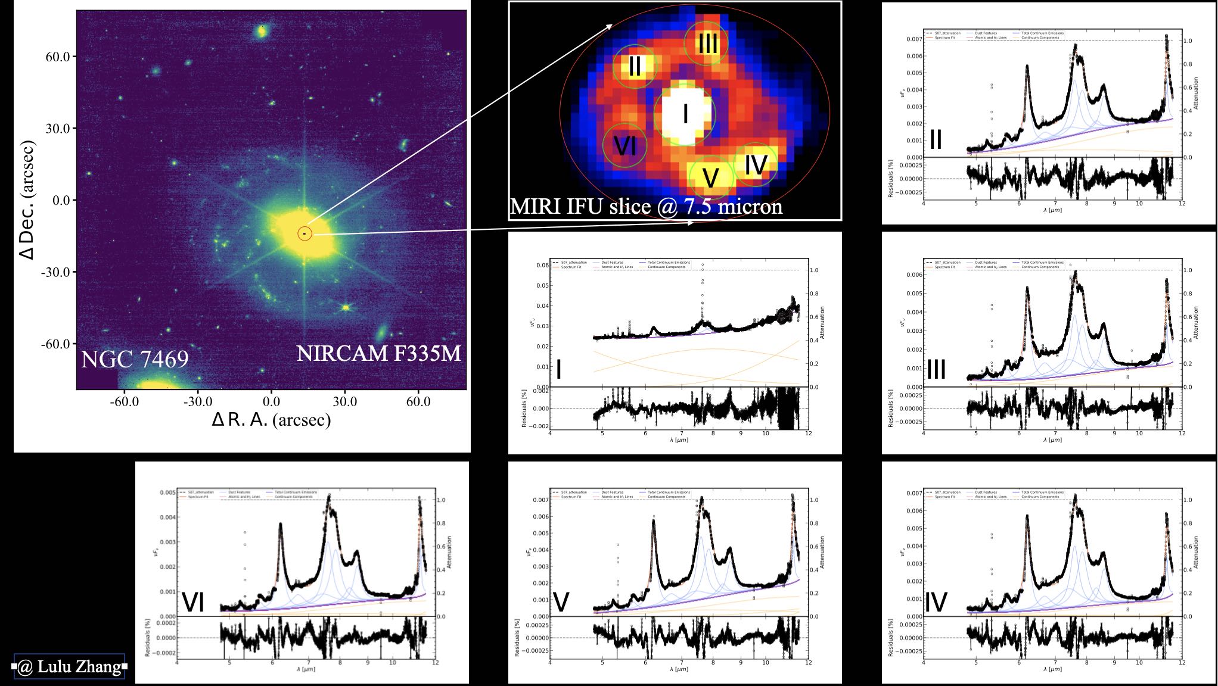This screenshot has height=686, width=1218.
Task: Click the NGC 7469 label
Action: (134, 359)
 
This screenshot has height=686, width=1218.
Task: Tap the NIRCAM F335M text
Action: (379, 353)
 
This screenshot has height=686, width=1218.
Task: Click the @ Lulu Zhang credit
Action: (69, 666)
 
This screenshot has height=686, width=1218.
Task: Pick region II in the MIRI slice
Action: (635, 66)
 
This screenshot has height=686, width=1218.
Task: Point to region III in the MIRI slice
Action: (707, 43)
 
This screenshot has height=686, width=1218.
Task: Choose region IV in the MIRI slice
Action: (756, 164)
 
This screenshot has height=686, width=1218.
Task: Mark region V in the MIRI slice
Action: (710, 177)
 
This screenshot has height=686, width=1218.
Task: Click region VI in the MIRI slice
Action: (624, 145)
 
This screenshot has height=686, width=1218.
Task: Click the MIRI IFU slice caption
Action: (646, 206)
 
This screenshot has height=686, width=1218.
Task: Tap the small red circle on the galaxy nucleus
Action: (304, 233)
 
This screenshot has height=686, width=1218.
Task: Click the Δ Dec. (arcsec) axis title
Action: (27, 199)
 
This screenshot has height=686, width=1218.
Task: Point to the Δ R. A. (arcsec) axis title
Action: (271, 420)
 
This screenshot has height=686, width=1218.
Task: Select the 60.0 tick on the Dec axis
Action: (58, 57)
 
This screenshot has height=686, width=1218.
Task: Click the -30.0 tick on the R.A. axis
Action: (198, 402)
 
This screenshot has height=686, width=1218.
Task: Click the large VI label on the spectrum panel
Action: (193, 603)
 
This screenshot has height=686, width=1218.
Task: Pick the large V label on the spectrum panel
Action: (561, 603)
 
